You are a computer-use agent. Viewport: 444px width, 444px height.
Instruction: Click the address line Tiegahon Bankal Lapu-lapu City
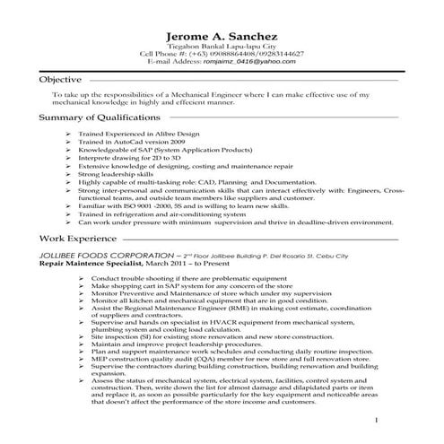pyautogui.click(x=222, y=45)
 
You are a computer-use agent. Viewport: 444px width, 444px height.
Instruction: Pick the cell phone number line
pyautogui.click(x=222, y=54)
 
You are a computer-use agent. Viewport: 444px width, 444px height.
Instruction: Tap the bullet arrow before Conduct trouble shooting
pyautogui.click(x=82, y=279)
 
